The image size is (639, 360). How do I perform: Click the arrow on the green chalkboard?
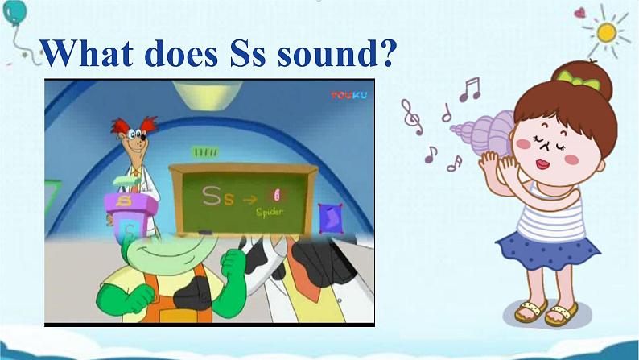pos(252,198)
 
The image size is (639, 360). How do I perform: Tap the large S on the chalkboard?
pos(212,197)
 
